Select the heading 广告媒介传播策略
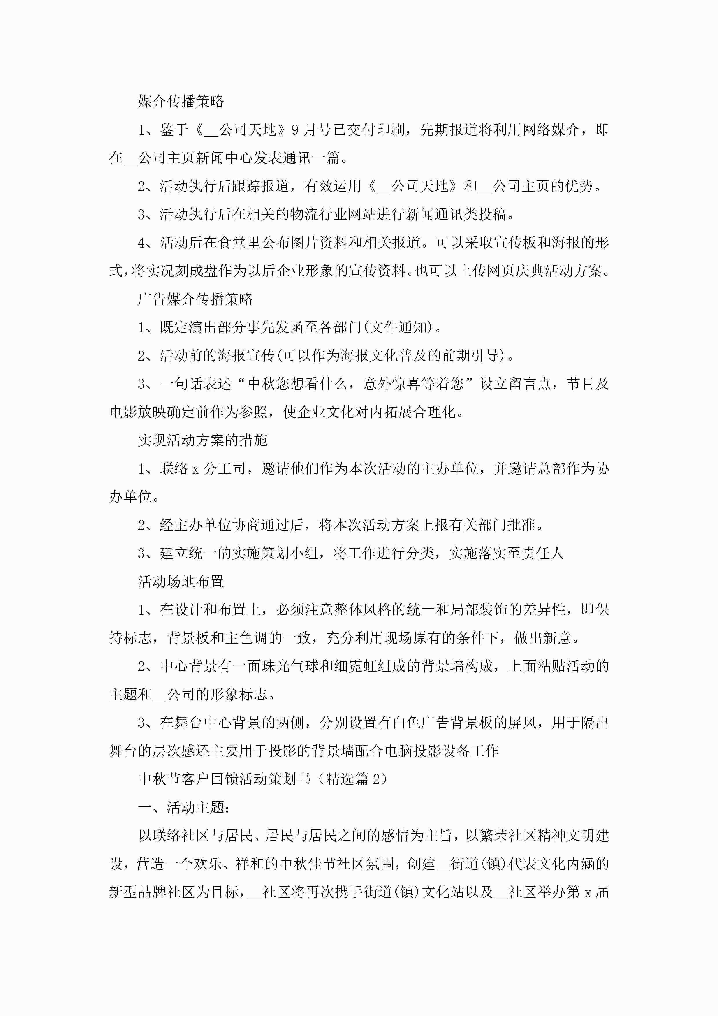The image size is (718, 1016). tap(195, 299)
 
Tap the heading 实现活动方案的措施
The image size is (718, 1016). tap(203, 440)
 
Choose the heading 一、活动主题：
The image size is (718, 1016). tap(184, 807)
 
